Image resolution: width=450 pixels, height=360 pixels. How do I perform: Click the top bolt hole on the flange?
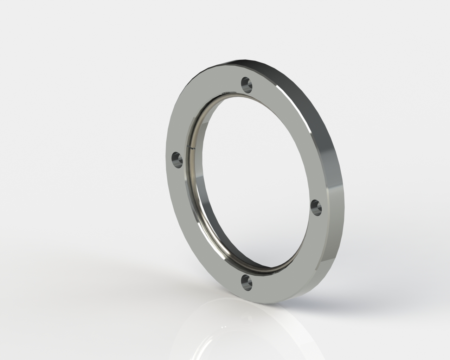pyautogui.click(x=246, y=85)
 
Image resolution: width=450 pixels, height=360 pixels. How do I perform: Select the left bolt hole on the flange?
pyautogui.click(x=177, y=159)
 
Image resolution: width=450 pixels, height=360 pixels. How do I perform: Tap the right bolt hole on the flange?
pyautogui.click(x=317, y=207)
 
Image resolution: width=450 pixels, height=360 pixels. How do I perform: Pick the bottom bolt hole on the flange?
pyautogui.click(x=246, y=283)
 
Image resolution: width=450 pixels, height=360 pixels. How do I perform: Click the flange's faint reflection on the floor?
pyautogui.click(x=225, y=337)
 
